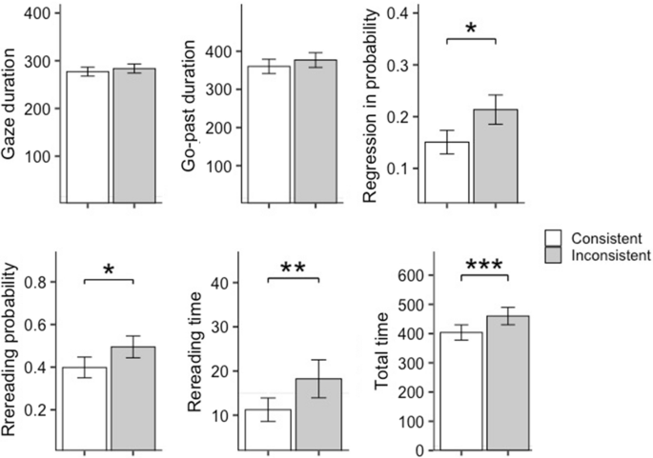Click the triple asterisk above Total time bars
[x=484, y=266]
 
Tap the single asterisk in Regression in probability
[x=471, y=29]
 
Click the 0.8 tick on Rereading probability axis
[x=35, y=283]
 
